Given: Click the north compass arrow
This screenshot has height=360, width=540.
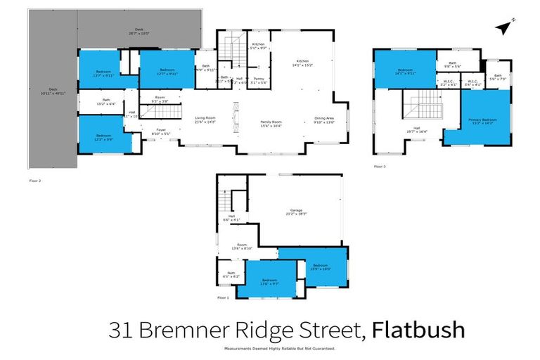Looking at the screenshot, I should coord(502,27).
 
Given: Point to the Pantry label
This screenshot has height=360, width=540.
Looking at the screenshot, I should coord(259,81).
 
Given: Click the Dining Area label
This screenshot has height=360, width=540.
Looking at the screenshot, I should coord(324,120).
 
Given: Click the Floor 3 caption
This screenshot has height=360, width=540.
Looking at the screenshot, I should coord(380,167).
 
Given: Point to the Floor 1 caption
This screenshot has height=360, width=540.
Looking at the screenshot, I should coord(223,298).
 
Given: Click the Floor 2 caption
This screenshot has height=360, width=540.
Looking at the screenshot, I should coord(35,181).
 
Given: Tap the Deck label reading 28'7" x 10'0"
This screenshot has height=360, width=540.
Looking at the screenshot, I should coord(139,31).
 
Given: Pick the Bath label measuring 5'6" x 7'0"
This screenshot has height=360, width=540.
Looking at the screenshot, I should coord(498,77).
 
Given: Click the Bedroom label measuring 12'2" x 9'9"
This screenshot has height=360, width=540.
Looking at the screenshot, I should coord(103,137).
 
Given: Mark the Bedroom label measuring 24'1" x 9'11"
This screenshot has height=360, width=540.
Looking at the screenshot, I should coord(405,72).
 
